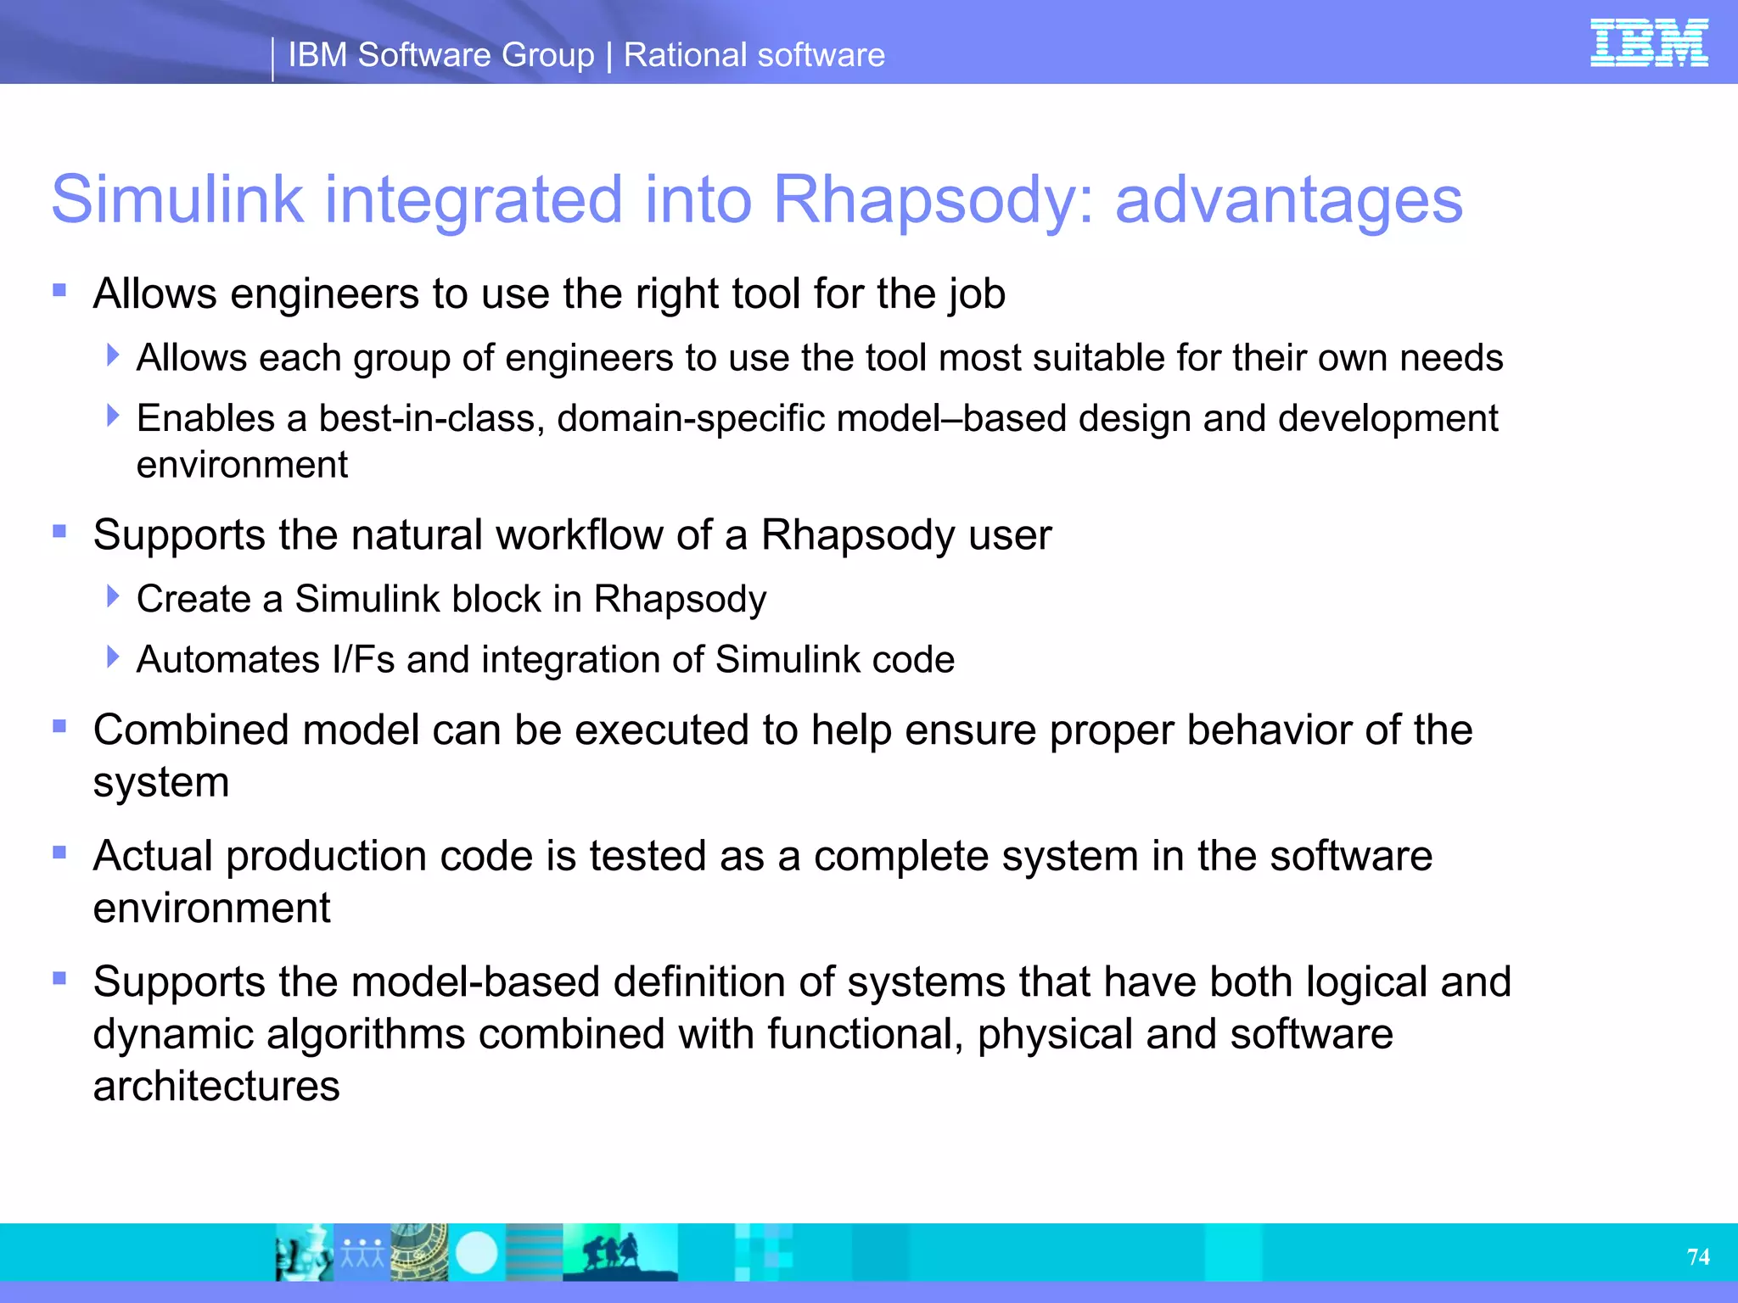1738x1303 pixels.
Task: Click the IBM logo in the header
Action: point(1648,43)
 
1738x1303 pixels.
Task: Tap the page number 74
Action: point(1698,1256)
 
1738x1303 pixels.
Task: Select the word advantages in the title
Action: point(1288,200)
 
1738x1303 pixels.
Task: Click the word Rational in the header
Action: point(683,55)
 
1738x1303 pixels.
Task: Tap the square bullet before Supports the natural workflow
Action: point(59,532)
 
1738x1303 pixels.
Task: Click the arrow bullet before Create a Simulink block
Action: point(113,596)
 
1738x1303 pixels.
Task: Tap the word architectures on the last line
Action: point(216,1087)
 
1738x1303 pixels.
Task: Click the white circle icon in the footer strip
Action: point(476,1252)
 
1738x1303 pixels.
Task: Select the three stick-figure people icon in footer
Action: point(362,1252)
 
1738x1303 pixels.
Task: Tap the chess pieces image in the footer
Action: point(303,1252)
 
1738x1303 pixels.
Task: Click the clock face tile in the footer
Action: point(419,1252)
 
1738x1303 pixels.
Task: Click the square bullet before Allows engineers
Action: point(59,291)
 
